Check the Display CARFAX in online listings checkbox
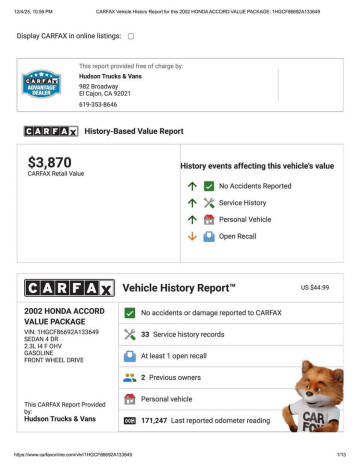(131, 36)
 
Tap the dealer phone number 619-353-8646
(98, 104)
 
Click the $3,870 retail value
(49, 162)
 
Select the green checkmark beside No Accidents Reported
(209, 186)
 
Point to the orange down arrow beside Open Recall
(192, 236)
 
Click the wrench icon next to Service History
(209, 203)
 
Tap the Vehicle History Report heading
(179, 287)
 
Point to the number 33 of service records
(145, 334)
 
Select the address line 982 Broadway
(99, 87)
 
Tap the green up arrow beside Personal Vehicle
(192, 220)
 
